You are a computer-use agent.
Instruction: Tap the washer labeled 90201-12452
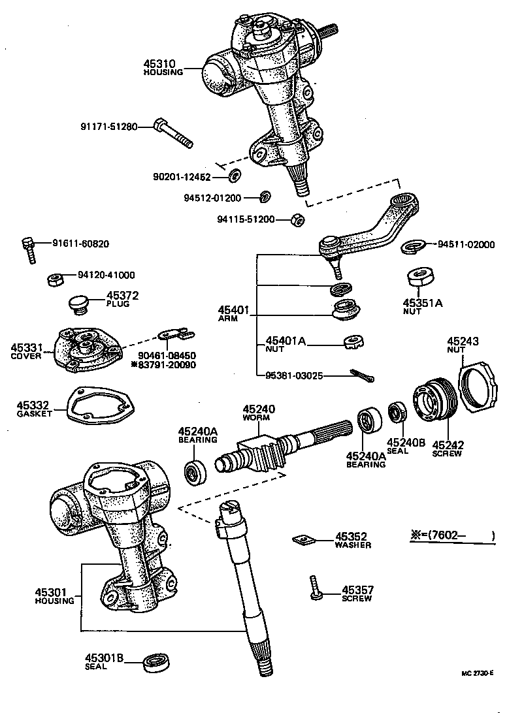235,175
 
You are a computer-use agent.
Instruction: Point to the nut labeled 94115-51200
296,220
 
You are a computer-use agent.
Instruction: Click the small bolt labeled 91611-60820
29,248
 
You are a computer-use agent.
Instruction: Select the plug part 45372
79,304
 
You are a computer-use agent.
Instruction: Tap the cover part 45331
86,349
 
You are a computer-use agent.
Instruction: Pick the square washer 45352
303,539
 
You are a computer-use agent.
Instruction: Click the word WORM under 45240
259,417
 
